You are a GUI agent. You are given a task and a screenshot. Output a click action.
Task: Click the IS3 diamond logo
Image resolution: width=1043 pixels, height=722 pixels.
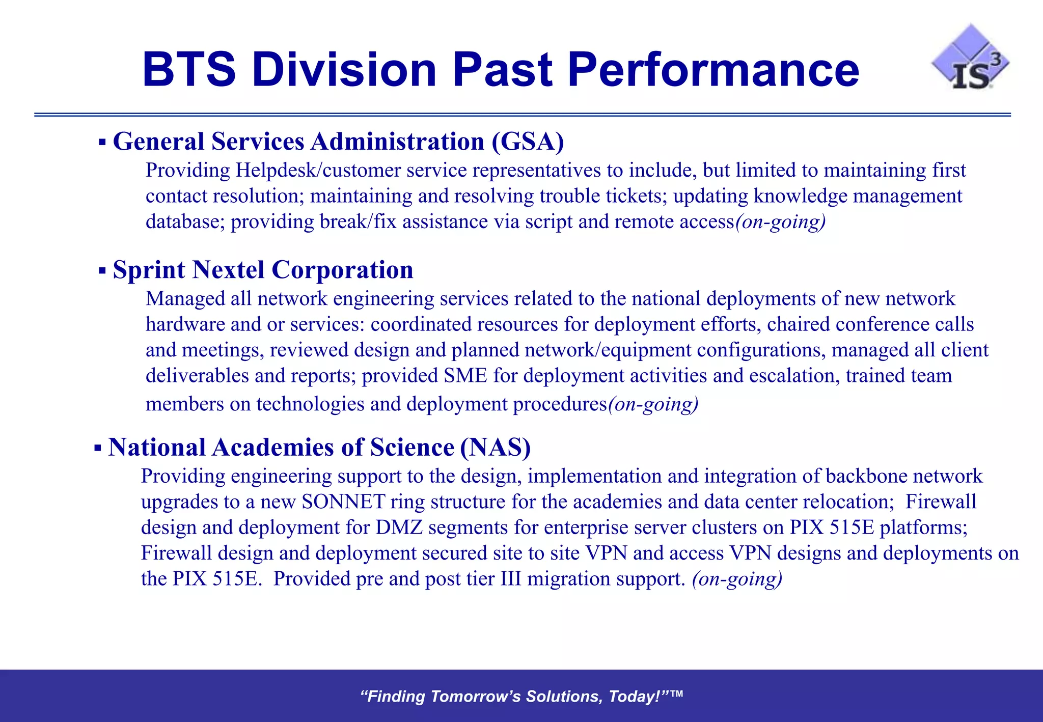coord(970,59)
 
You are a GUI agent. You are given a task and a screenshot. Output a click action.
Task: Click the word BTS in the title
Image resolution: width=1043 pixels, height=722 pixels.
coord(189,70)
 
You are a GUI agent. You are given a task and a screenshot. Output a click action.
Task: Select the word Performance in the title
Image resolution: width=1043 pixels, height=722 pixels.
coord(713,70)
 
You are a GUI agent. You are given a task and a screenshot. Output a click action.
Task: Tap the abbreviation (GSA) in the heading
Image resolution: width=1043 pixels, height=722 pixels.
coord(528,142)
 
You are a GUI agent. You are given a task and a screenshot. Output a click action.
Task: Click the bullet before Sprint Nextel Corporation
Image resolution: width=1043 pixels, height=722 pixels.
coord(102,270)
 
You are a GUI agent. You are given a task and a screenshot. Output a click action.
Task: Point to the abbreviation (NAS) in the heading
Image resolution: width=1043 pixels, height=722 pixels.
coord(495,448)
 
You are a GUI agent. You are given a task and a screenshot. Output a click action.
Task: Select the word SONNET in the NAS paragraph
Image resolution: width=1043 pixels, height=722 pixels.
coord(343,502)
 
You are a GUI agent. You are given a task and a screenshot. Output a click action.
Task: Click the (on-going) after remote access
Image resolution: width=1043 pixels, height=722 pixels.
coord(780,222)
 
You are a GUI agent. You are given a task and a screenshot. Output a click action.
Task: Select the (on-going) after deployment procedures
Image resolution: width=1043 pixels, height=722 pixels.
coord(653,404)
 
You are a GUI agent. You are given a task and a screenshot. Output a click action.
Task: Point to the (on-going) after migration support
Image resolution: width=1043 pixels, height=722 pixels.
coord(737,579)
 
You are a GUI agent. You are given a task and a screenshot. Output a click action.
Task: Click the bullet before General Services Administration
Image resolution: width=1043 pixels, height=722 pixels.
coord(102,142)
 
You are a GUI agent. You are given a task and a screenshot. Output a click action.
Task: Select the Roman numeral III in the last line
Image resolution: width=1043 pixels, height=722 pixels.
coord(511,579)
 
